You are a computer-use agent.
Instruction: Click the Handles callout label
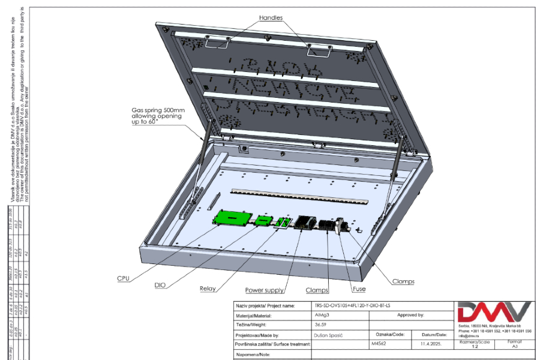271,17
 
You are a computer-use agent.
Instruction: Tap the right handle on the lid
319,51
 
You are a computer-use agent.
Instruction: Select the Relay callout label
208,289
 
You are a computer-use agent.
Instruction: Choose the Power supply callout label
264,290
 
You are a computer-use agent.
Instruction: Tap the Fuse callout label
359,289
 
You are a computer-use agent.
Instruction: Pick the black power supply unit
304,221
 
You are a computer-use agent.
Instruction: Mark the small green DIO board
262,220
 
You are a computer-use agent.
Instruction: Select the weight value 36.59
322,325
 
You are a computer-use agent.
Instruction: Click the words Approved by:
410,315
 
